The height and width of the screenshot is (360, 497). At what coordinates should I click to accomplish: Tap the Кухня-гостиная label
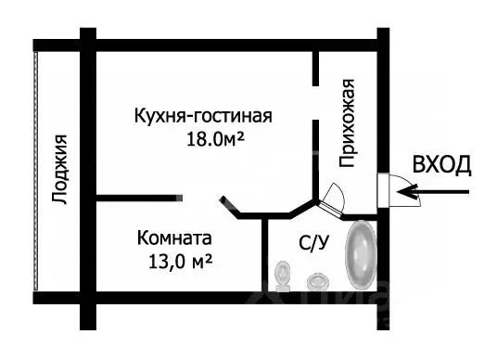(x=201, y=117)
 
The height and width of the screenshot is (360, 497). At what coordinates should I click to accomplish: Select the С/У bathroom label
(x=313, y=243)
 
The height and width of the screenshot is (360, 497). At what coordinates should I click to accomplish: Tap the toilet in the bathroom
(x=284, y=272)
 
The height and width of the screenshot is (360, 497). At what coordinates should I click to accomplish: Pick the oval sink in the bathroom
(x=318, y=279)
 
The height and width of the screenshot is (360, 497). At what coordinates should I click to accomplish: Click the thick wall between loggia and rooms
(x=88, y=176)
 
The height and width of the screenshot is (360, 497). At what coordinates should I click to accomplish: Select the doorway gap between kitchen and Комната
(x=201, y=198)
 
